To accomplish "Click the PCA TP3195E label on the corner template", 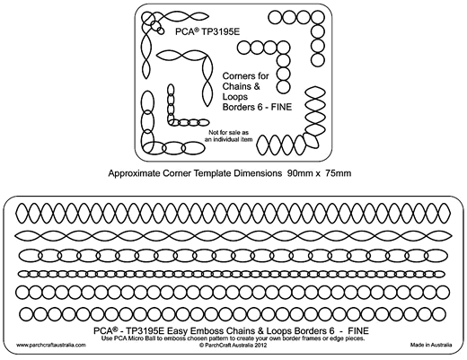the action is point(207,31).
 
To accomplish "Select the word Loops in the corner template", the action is point(235,97).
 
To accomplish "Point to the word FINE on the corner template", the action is point(281,107).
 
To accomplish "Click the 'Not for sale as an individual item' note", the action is point(229,136).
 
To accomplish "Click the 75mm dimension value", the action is point(339,173).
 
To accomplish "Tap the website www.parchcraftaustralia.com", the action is point(51,345).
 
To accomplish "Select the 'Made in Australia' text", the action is point(431,345).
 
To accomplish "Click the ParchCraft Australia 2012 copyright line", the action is point(233,345).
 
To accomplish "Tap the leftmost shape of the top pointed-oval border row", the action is point(22,213).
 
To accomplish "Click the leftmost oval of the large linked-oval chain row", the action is point(30,256).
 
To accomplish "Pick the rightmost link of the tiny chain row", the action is point(438,274).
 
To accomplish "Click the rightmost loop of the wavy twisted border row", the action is point(439,235).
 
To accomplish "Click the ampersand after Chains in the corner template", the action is point(257,86).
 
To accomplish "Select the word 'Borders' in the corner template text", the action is point(239,107).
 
